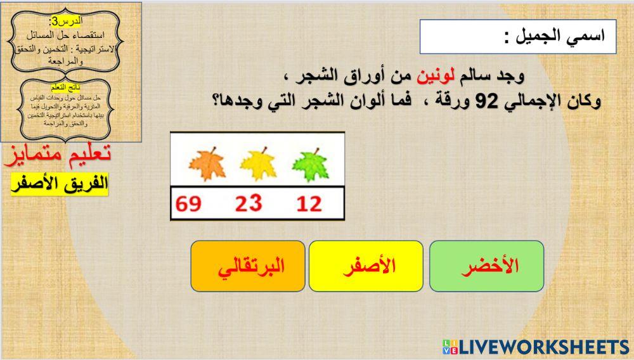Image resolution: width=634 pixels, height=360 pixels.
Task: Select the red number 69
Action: (189, 204)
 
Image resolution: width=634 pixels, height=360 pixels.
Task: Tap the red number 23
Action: (249, 204)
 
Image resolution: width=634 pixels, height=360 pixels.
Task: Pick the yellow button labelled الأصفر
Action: (366, 266)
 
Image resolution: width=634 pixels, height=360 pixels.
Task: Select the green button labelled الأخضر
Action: (486, 266)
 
